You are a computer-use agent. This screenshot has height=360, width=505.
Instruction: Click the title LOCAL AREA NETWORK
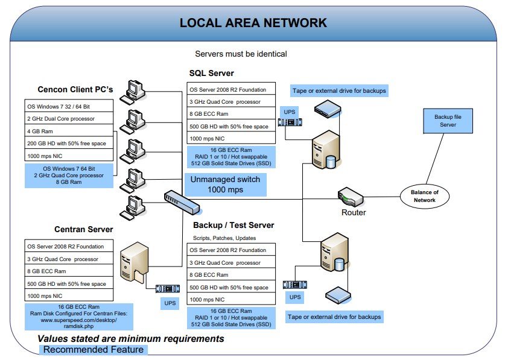click(x=253, y=23)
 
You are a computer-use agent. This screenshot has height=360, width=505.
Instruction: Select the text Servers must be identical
click(x=241, y=54)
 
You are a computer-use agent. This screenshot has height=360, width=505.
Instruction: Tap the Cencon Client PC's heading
click(x=75, y=90)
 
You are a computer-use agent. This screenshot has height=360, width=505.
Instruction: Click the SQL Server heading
click(x=211, y=73)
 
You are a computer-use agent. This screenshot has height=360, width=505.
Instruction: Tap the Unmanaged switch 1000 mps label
click(x=225, y=185)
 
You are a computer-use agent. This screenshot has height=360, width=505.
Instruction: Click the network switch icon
click(x=182, y=201)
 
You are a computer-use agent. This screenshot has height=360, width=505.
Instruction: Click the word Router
click(x=354, y=212)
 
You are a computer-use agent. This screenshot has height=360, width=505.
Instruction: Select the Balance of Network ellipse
click(x=425, y=196)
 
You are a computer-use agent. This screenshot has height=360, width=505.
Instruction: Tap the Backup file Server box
click(x=448, y=121)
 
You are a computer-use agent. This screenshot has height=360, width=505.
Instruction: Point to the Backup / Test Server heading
click(x=233, y=225)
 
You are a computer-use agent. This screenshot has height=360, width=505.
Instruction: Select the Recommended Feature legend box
click(x=93, y=350)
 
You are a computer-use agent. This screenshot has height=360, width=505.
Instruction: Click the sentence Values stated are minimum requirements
click(x=131, y=338)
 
